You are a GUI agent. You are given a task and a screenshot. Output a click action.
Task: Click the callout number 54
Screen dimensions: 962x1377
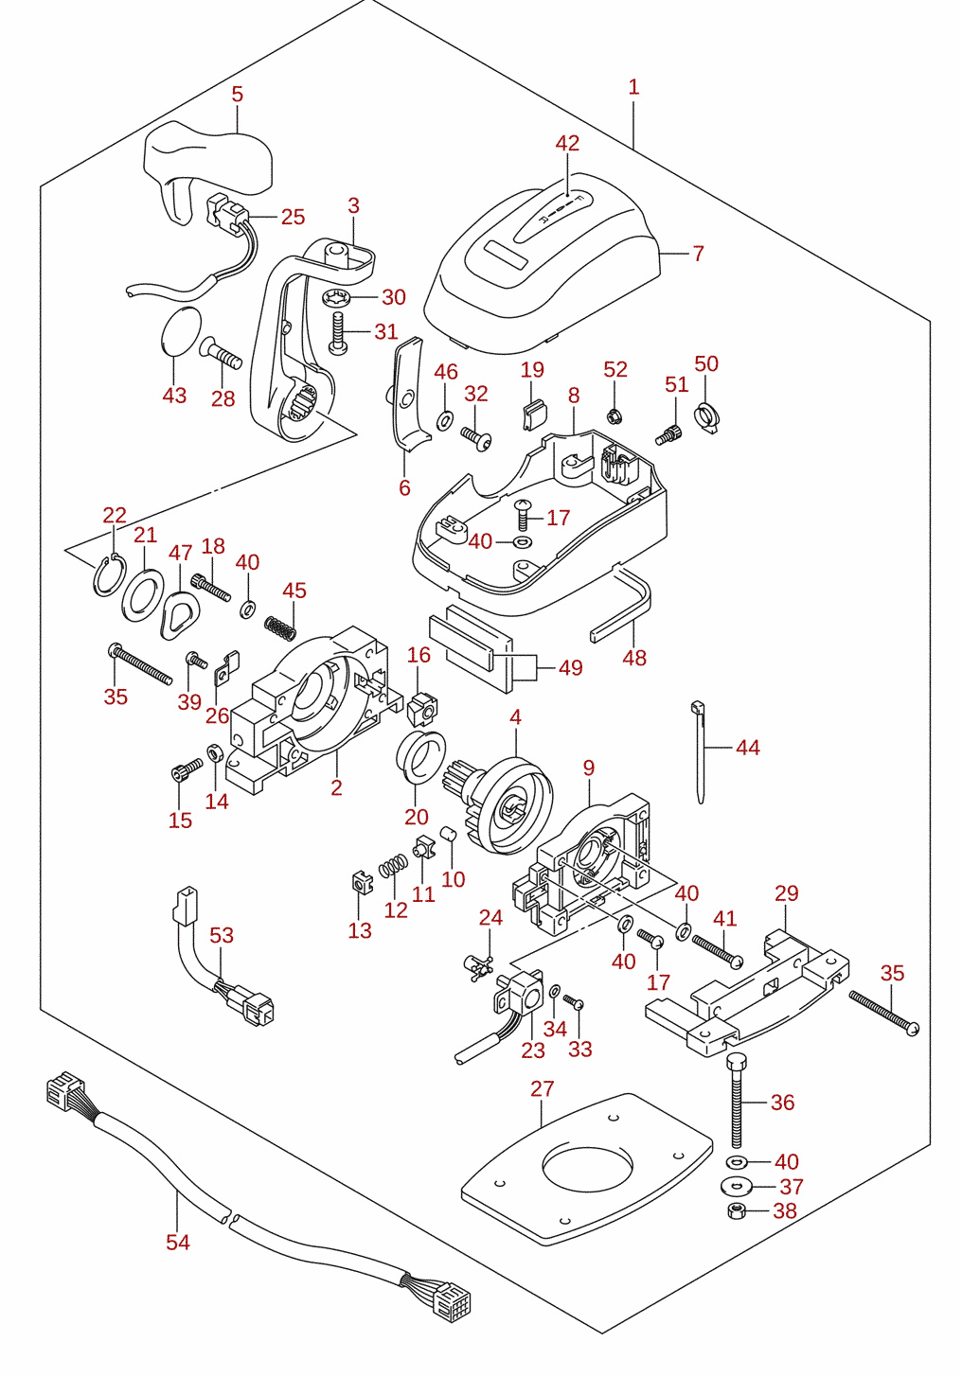[x=178, y=1242]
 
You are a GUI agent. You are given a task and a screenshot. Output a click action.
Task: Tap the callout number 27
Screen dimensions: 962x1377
[x=542, y=1088]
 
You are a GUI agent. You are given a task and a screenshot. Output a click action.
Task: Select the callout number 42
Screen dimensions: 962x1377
[x=567, y=143]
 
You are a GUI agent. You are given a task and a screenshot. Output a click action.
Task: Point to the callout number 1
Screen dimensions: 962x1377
[x=633, y=87]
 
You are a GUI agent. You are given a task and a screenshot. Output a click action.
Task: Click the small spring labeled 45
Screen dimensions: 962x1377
[x=280, y=627]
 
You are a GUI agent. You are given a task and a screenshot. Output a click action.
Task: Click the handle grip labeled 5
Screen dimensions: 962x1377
[x=207, y=165]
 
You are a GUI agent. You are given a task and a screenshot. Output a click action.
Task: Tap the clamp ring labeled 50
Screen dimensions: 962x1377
[x=707, y=417]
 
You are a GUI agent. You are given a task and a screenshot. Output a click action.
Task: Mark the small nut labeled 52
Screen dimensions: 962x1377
[x=613, y=416]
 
